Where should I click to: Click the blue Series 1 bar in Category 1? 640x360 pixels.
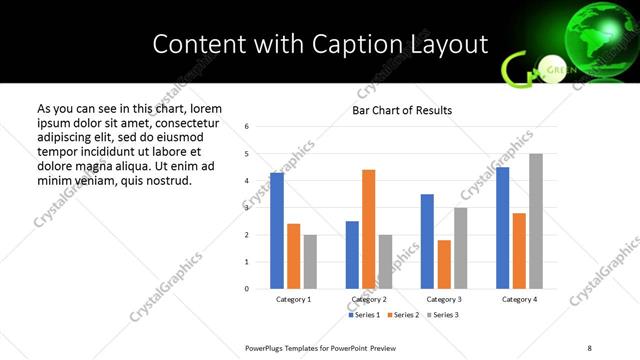pyautogui.click(x=277, y=231)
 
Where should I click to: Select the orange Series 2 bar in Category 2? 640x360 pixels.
pyautogui.click(x=368, y=229)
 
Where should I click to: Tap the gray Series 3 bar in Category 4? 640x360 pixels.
pyautogui.click(x=536, y=221)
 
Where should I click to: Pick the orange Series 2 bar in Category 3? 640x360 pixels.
pyautogui.click(x=444, y=264)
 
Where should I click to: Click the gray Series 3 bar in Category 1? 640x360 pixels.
pyautogui.click(x=310, y=262)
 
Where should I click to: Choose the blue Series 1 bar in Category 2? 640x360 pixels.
pyautogui.click(x=352, y=255)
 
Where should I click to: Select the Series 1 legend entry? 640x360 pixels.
pyautogui.click(x=364, y=315)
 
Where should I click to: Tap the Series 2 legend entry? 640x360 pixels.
pyautogui.click(x=402, y=315)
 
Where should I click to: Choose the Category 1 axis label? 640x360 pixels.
pyautogui.click(x=293, y=299)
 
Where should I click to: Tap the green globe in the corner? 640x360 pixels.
pyautogui.click(x=591, y=41)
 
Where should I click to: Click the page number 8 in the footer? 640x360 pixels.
pyautogui.click(x=589, y=347)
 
